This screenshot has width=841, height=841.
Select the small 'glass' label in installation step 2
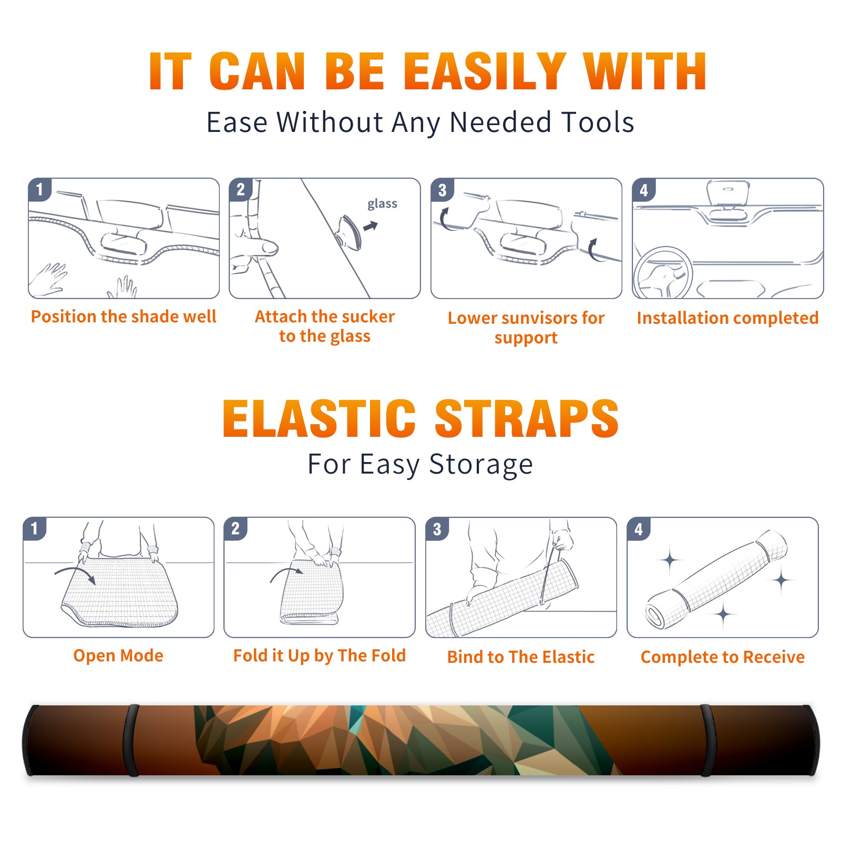tap(382, 204)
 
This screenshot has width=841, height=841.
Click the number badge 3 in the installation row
tap(442, 190)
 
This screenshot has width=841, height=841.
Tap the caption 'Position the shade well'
tap(124, 316)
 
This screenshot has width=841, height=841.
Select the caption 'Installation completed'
tap(727, 318)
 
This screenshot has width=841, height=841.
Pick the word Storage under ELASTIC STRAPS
tap(481, 465)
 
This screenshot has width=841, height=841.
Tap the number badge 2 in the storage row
tap(235, 528)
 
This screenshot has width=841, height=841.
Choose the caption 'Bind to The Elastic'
tap(521, 657)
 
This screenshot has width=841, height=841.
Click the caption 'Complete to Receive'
tap(723, 657)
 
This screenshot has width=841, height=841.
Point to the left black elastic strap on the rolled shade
tap(131, 741)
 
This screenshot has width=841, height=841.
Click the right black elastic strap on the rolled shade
tap(707, 741)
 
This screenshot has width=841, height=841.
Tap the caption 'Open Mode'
tap(118, 655)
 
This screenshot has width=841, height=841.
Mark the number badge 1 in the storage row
tap(35, 528)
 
